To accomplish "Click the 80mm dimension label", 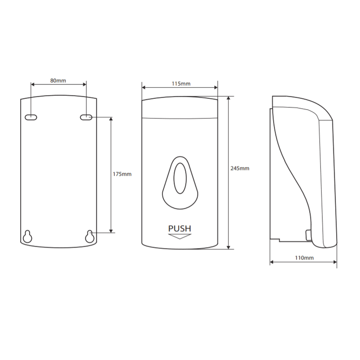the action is click(x=58, y=80).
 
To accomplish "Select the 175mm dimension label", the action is click(x=122, y=174).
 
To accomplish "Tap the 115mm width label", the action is click(x=181, y=84).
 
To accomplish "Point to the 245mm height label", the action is click(x=240, y=168).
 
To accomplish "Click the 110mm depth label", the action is click(x=304, y=258).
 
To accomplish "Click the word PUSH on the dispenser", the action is click(x=180, y=228).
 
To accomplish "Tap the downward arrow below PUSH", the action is click(x=180, y=236).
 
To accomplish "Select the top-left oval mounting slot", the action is click(x=31, y=117).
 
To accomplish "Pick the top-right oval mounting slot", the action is click(x=86, y=117).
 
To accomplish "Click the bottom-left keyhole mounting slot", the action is click(x=27, y=236).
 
